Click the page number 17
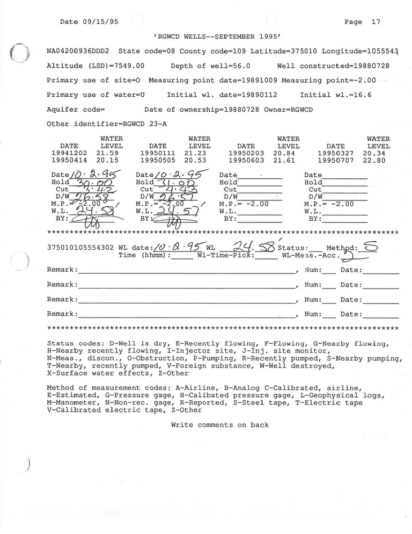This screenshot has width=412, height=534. (x=376, y=22)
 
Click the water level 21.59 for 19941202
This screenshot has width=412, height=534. (x=107, y=153)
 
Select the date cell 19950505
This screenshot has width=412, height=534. (x=158, y=160)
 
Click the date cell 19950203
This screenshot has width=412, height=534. (x=246, y=153)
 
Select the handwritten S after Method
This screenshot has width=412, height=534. (x=370, y=246)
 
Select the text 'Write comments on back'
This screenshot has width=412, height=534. (x=220, y=425)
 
